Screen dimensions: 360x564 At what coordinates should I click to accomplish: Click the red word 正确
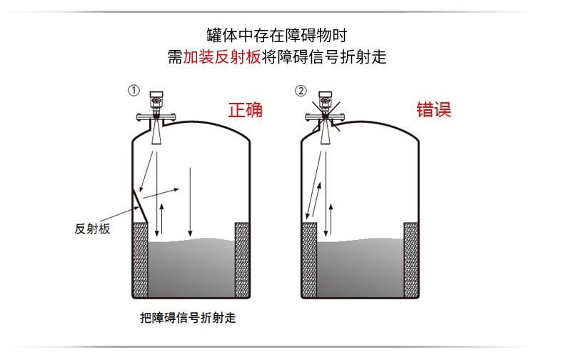tap(245, 110)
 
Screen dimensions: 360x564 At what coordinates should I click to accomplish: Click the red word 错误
tap(434, 110)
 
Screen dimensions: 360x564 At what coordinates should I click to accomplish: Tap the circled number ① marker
tap(133, 91)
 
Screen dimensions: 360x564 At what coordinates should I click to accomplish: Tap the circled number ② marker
tap(301, 91)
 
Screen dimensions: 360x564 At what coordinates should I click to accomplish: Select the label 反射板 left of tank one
tap(92, 229)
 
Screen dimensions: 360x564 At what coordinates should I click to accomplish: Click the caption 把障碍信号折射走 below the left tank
tap(188, 318)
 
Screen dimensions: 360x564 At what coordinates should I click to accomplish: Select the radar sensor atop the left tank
tap(156, 106)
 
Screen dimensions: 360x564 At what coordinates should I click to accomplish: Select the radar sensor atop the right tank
tap(325, 106)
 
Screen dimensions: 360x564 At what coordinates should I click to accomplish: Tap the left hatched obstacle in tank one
tap(140, 260)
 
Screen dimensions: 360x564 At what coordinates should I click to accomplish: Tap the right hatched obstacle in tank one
tap(243, 260)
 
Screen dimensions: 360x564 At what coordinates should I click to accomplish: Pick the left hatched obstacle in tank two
tap(309, 260)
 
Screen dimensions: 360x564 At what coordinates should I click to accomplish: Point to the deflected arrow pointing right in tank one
tap(161, 192)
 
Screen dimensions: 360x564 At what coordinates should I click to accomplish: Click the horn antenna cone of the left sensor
tap(156, 134)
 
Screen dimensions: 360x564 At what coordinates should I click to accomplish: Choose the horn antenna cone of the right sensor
tap(325, 134)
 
